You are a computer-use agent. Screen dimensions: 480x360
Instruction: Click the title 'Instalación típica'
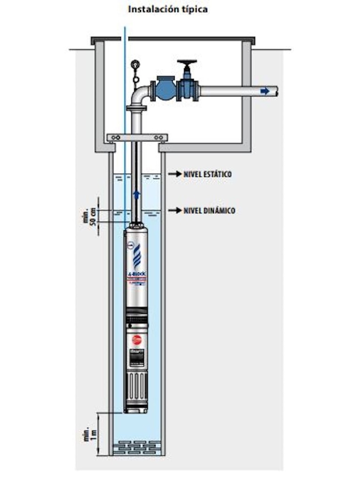point(168,9)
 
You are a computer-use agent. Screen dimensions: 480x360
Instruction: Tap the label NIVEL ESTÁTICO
point(207,174)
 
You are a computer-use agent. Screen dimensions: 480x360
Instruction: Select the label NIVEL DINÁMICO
point(209,210)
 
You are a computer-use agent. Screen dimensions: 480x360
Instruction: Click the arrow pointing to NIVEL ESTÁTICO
point(175,174)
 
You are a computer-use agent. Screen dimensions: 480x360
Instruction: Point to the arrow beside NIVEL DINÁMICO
point(175,210)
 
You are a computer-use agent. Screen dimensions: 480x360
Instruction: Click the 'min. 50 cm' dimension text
point(89,216)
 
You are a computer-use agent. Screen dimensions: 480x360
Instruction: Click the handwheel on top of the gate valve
point(187,63)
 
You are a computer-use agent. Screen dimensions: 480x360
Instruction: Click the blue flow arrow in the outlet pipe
point(265,91)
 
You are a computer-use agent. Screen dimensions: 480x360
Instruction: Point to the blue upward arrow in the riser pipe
point(137,194)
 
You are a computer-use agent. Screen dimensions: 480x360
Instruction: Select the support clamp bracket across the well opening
point(137,138)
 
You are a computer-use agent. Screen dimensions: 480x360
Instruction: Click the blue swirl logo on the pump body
point(136,257)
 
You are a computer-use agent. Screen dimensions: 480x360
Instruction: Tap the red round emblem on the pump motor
point(136,339)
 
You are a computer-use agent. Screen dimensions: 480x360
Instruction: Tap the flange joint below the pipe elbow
point(136,109)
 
